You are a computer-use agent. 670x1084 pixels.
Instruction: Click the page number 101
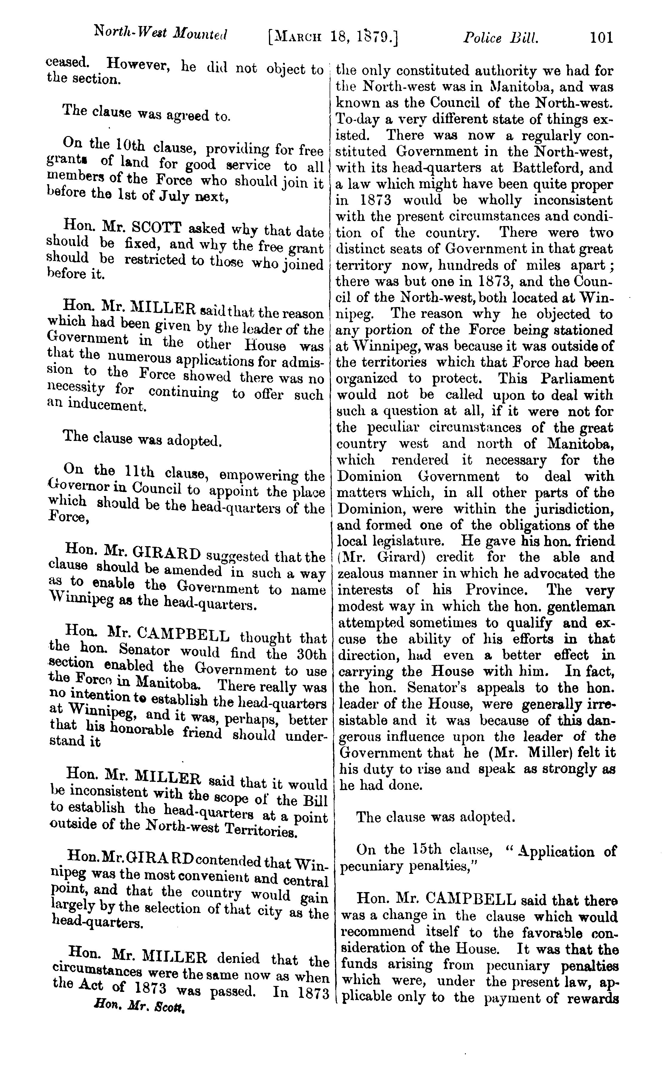pos(601,37)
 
